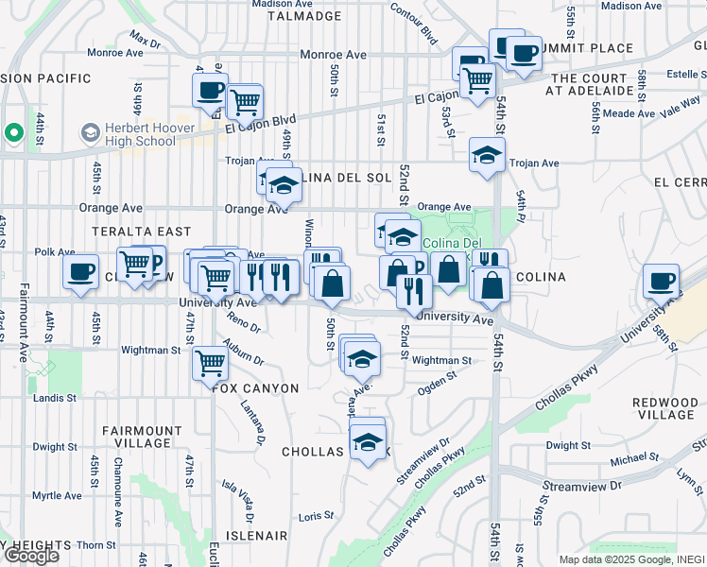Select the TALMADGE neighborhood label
[304, 15]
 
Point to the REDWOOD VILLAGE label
[665, 408]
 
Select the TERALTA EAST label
[142, 231]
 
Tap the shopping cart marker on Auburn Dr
[209, 362]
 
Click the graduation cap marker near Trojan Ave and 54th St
[487, 155]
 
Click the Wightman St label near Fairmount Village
[150, 350]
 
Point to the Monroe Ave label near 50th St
[333, 55]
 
